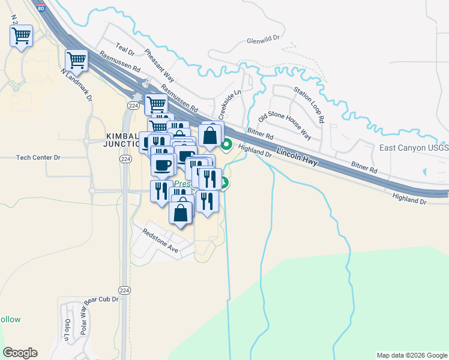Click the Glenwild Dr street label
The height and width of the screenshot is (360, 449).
point(264,41)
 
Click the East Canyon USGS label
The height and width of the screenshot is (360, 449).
point(414,148)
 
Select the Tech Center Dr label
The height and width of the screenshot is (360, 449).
point(38,158)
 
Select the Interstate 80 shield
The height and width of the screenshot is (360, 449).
point(40,8)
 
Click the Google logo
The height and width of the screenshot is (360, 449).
point(20,353)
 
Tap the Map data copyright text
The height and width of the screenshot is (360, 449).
point(411,355)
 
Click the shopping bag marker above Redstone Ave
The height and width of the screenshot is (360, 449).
point(181,212)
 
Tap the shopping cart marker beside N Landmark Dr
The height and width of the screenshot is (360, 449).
point(77,60)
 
